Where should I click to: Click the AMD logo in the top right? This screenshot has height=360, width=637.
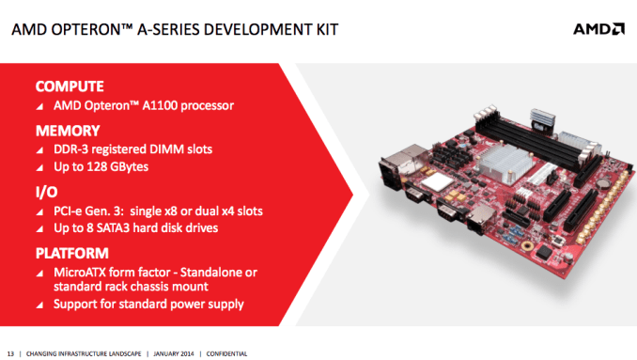[x=598, y=28]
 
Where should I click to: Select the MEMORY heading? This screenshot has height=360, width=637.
[x=67, y=131]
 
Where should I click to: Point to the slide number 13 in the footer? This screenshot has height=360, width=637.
[x=10, y=352]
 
